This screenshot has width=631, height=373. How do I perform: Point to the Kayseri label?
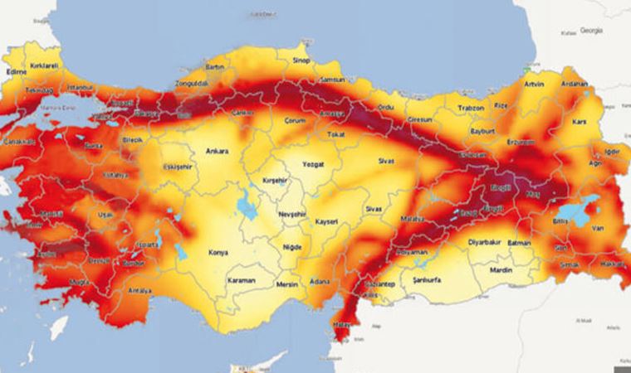click(x=326, y=222)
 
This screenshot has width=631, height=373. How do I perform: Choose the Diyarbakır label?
click(x=462, y=245)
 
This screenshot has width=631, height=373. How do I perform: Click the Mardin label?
click(x=501, y=269)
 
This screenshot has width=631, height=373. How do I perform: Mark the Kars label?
click(x=580, y=123)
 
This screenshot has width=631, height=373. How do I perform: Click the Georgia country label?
click(x=591, y=30)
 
